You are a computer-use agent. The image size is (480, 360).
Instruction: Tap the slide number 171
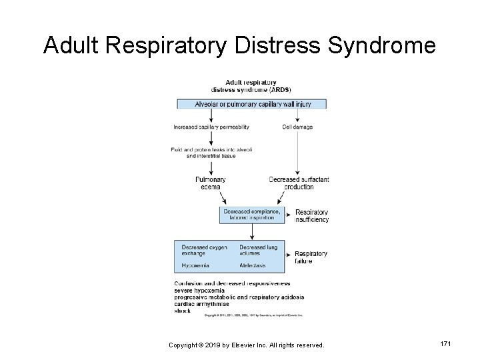click(x=446, y=342)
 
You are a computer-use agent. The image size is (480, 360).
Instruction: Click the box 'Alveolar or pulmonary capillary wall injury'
click(x=252, y=104)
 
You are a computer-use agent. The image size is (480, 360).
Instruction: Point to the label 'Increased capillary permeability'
click(x=211, y=127)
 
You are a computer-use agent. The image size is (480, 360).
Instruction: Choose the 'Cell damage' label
click(x=297, y=127)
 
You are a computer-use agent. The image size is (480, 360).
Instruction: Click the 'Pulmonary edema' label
click(x=210, y=183)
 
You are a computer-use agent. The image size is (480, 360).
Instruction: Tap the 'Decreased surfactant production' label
click(x=299, y=183)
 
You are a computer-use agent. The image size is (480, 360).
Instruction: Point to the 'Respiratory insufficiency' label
click(x=311, y=215)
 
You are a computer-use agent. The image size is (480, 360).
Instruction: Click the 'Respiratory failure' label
click(x=311, y=257)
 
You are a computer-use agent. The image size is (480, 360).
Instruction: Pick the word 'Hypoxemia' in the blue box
click(x=195, y=265)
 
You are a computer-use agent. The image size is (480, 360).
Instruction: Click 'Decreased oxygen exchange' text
click(x=204, y=250)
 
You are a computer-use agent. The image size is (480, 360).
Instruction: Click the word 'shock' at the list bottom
click(x=183, y=311)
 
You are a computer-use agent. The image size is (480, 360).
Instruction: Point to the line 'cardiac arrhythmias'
click(x=201, y=303)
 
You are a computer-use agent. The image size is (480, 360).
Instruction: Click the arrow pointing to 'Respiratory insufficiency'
click(x=287, y=215)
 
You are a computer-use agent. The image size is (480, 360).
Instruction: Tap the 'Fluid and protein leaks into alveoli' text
click(x=211, y=152)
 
